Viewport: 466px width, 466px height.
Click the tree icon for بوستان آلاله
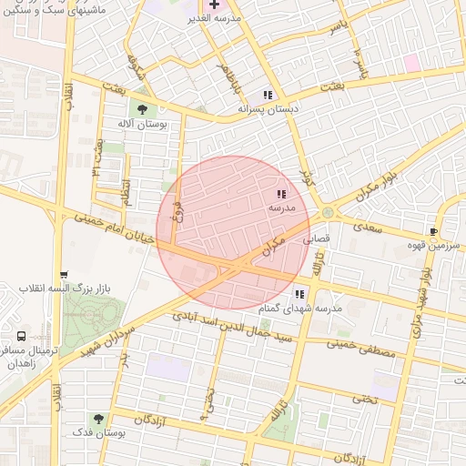(x=142, y=108)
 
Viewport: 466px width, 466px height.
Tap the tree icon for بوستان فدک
(x=98, y=419)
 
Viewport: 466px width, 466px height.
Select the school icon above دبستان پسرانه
(x=268, y=95)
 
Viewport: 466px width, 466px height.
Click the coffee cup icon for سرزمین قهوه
(x=433, y=230)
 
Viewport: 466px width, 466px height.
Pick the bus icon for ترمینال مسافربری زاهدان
(x=21, y=336)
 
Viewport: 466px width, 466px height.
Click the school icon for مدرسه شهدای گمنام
(x=299, y=294)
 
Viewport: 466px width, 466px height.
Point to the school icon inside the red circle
(x=281, y=194)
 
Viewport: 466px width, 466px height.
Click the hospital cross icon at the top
(x=214, y=5)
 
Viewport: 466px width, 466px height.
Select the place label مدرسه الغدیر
(x=213, y=19)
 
